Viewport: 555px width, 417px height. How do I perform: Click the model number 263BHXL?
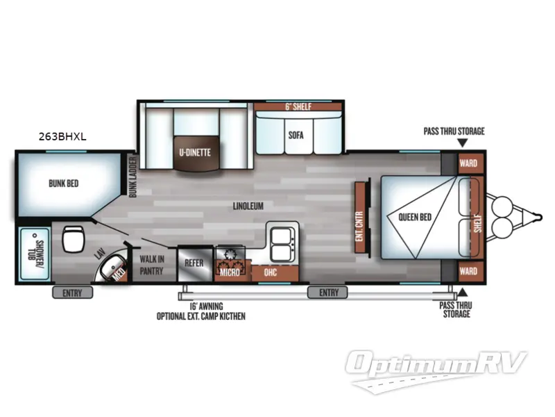pos(62,137)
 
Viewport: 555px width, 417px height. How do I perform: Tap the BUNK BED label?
pos(63,184)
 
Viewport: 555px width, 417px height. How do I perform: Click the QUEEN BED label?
pos(415,217)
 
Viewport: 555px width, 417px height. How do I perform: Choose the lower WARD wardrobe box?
pos(469,271)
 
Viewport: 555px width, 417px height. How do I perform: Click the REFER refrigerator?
pos(194,263)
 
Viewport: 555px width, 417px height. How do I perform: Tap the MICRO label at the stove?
pos(230,272)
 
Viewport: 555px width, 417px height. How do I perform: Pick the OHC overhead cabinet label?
pos(271,272)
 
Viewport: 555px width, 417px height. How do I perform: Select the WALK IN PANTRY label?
pos(152,264)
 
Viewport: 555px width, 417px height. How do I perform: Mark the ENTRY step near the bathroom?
pos(72,293)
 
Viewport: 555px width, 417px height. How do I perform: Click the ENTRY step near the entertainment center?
pos(329,293)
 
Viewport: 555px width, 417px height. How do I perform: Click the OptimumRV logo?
pos(438,364)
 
